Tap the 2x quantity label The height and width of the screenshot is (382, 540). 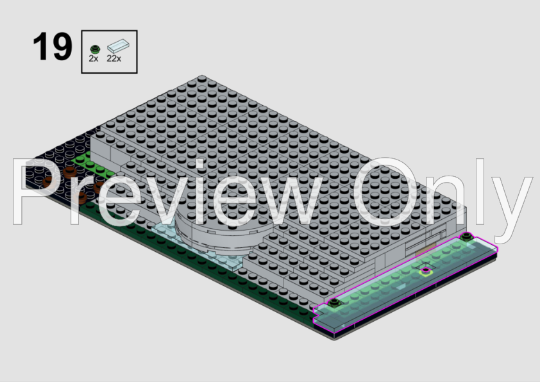click(94, 58)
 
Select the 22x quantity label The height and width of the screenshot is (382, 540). click(114, 58)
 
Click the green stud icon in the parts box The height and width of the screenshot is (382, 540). click(95, 49)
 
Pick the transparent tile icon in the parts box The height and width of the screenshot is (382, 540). click(118, 46)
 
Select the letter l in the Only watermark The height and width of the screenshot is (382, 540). click(480, 192)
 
